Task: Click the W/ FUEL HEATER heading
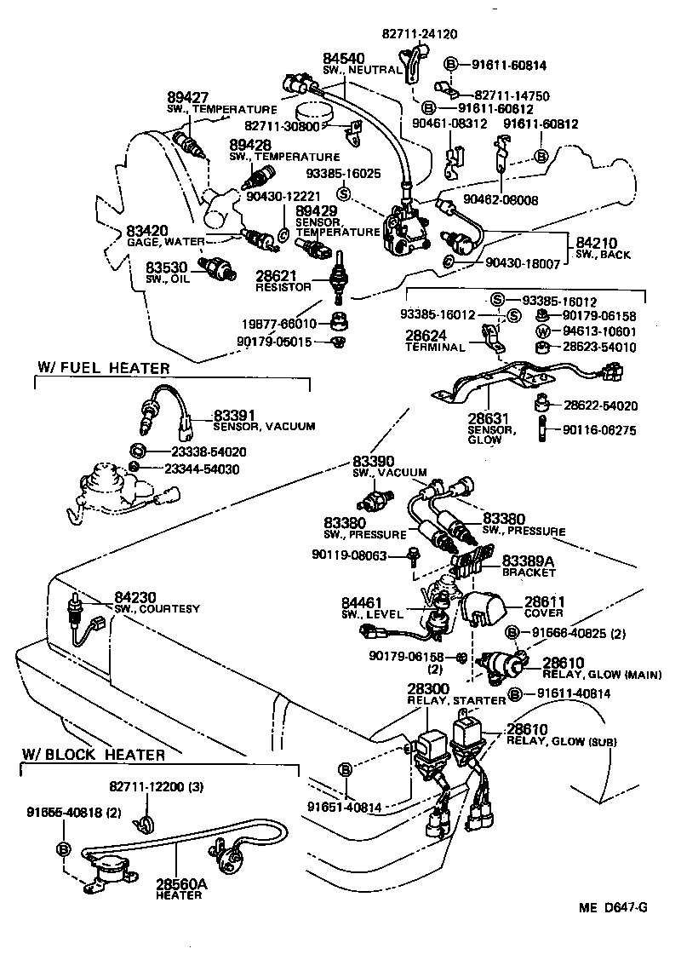(x=103, y=368)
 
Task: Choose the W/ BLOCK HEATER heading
(x=94, y=754)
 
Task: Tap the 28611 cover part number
(x=541, y=601)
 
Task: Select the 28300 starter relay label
(x=427, y=689)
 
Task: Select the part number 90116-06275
(x=598, y=431)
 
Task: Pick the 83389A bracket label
(x=529, y=561)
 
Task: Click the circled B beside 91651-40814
(x=346, y=769)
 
